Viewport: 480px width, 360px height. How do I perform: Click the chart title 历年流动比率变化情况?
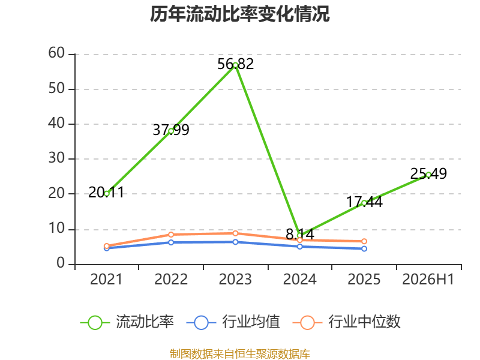pos(239,14)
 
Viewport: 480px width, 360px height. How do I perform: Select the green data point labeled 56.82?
pos(235,65)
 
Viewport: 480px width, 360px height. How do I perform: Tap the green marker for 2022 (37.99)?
pos(171,131)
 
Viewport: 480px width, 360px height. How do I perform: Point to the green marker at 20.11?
pos(107,193)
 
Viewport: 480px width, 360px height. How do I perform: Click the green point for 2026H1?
pos(428,175)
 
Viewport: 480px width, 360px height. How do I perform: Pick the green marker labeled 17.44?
pos(364,203)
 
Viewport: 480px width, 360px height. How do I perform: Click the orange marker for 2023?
pos(235,233)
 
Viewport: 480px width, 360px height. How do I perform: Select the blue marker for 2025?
pos(364,248)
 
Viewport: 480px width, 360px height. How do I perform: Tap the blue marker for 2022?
pos(171,242)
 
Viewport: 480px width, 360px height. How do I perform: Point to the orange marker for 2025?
pos(364,241)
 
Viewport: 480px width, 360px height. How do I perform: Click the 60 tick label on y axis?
pos(56,53)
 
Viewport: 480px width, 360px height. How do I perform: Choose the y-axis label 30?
pos(56,158)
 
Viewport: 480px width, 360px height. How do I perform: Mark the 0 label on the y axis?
pos(61,263)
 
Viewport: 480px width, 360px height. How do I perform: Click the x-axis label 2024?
pos(299,280)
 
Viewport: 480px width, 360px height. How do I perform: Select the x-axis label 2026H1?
pos(428,280)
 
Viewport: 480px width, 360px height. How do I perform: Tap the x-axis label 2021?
pos(106,280)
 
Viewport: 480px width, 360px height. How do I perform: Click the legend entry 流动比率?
pos(127,322)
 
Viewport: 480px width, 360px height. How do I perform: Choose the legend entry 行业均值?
pos(233,322)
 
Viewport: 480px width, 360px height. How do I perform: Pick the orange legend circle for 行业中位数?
pos(307,323)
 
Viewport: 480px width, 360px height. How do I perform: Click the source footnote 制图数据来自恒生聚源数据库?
pos(240,354)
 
